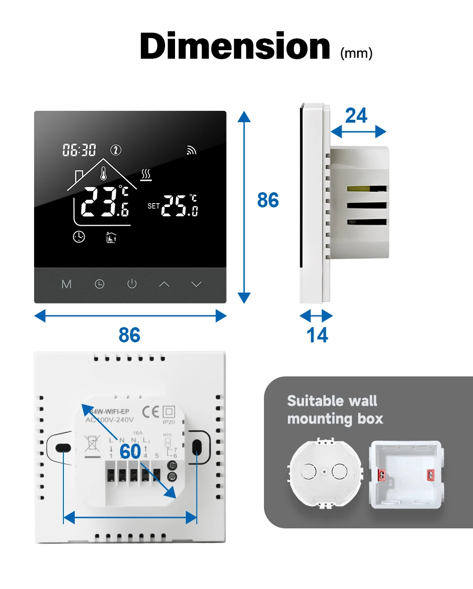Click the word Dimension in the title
pyautogui.click(x=235, y=46)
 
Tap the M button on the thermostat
pyautogui.click(x=67, y=284)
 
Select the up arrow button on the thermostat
pyautogui.click(x=164, y=284)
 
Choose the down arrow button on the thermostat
pyautogui.click(x=196, y=284)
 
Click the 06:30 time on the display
pyautogui.click(x=79, y=151)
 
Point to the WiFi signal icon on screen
pyautogui.click(x=191, y=151)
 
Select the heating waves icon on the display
pyautogui.click(x=146, y=175)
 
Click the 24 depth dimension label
pyautogui.click(x=356, y=116)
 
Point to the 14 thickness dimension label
pyautogui.click(x=317, y=335)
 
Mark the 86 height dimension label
pyautogui.click(x=268, y=200)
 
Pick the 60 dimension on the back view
pyautogui.click(x=130, y=451)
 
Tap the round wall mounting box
pyautogui.click(x=324, y=473)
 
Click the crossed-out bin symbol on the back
pyautogui.click(x=92, y=444)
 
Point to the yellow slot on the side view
pyautogui.click(x=359, y=188)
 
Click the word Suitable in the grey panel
pyautogui.click(x=313, y=401)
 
